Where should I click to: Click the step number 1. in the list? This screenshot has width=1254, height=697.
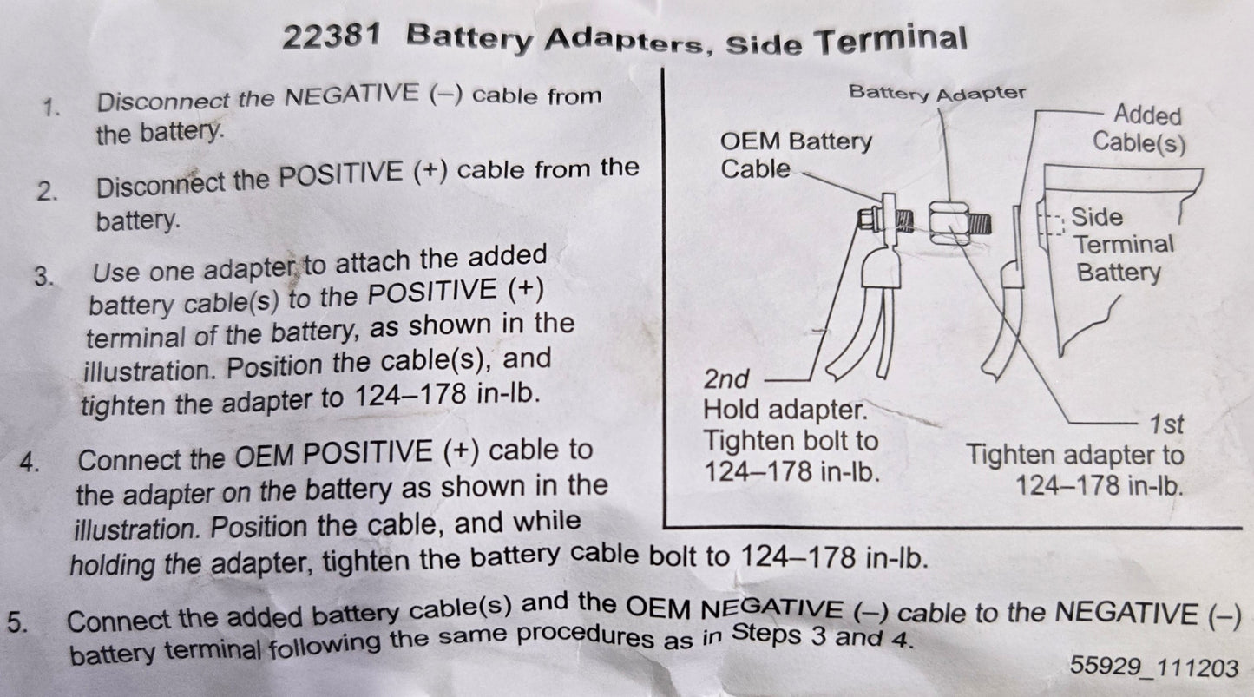pos(51,108)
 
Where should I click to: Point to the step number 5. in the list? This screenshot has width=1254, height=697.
pos(17,621)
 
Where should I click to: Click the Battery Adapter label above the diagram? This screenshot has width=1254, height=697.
pos(936,93)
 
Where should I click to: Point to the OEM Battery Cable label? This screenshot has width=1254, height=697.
pos(796,155)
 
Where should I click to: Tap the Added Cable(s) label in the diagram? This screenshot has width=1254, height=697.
pos(1139,128)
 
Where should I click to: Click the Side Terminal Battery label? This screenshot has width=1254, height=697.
pos(1121,245)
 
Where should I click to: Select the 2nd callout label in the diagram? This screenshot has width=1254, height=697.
pos(725,380)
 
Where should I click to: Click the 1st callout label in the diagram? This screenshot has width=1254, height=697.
pos(1166,425)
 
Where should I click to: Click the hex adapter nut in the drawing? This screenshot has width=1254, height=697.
pos(948,221)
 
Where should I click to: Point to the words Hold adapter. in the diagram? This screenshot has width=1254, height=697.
pos(784,409)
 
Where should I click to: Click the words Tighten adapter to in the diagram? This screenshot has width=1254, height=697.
pos(1074,455)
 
